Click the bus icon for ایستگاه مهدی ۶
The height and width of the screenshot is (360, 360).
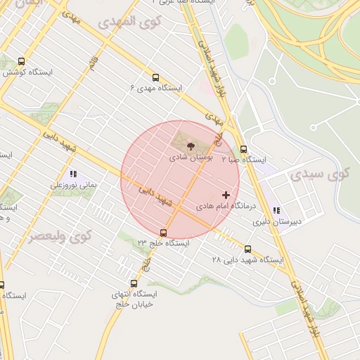point(155,77)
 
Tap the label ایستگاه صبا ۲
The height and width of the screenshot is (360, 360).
point(245,160)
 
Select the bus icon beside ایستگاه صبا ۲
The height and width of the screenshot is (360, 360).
point(244,149)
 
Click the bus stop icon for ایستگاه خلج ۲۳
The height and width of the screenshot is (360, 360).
point(164,233)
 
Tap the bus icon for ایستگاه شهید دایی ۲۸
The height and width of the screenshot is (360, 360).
point(247,249)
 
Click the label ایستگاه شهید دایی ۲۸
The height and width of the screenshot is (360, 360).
point(247,260)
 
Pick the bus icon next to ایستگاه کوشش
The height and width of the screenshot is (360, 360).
point(22,61)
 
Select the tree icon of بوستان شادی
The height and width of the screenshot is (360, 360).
point(191,146)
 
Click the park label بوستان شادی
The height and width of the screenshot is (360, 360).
point(191,158)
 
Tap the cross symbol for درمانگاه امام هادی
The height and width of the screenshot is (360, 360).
point(226,195)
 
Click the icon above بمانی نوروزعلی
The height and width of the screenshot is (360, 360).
point(72,174)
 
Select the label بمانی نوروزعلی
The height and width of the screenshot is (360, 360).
point(72,185)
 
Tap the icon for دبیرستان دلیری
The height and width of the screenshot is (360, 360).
point(277,210)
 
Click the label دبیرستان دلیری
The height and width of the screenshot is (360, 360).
point(277,221)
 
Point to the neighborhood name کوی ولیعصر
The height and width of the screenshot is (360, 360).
point(60,236)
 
